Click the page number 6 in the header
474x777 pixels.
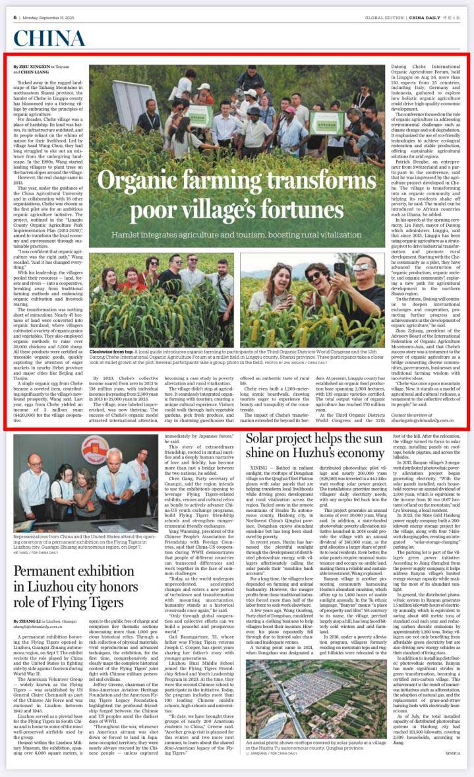point(15,17)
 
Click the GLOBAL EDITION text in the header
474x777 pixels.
point(384,18)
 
